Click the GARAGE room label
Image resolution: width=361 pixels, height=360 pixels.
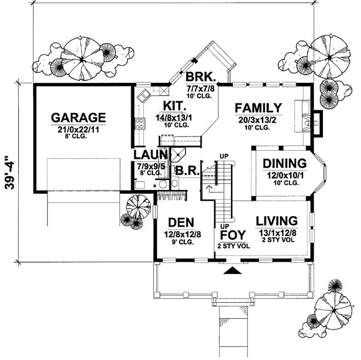point(78,118)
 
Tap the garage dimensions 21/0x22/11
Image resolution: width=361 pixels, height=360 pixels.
point(78,129)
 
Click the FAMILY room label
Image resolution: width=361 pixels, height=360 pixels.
point(258,107)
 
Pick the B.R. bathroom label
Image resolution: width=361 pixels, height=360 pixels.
point(186,169)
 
